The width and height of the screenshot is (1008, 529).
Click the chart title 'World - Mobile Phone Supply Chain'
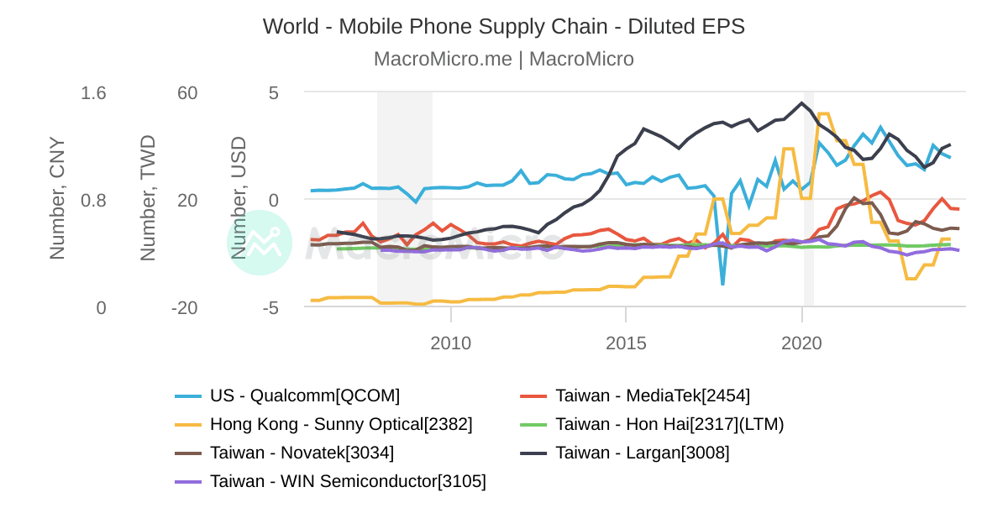click(503, 27)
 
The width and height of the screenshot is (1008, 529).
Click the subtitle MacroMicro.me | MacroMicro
click(503, 59)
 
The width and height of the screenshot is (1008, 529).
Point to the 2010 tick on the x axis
click(451, 343)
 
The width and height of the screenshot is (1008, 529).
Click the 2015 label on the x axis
click(626, 343)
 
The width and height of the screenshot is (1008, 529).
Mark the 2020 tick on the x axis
click(801, 343)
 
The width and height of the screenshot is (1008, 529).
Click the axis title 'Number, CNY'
click(57, 198)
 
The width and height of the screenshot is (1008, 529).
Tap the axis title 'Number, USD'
click(239, 198)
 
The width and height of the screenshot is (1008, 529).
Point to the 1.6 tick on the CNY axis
click(93, 93)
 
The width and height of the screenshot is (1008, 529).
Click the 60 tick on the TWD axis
click(187, 93)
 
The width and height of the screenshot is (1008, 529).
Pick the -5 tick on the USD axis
click(270, 308)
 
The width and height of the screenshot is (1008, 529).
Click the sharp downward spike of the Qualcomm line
click(722, 284)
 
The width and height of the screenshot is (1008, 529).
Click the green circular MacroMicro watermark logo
click(260, 242)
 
